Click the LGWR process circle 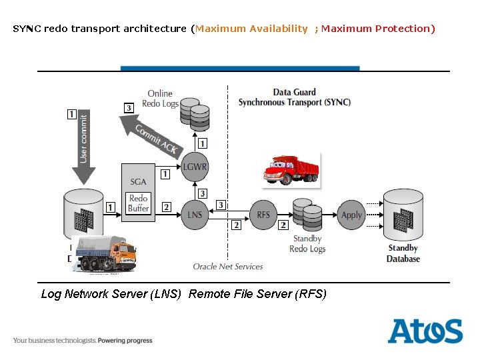[x=195, y=167]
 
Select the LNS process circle [x=195, y=215]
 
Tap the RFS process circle [x=264, y=215]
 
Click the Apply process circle [x=351, y=215]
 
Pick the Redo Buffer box [x=138, y=203]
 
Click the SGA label [x=138, y=181]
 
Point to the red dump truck [x=291, y=169]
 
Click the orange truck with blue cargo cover [x=105, y=253]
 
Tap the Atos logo [x=425, y=331]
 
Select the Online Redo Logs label [x=160, y=99]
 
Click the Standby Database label [x=403, y=253]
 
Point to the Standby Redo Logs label [x=307, y=243]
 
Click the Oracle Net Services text [x=228, y=267]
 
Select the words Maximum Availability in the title [x=251, y=29]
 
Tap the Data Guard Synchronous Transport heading [x=295, y=97]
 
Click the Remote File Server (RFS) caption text [x=257, y=294]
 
